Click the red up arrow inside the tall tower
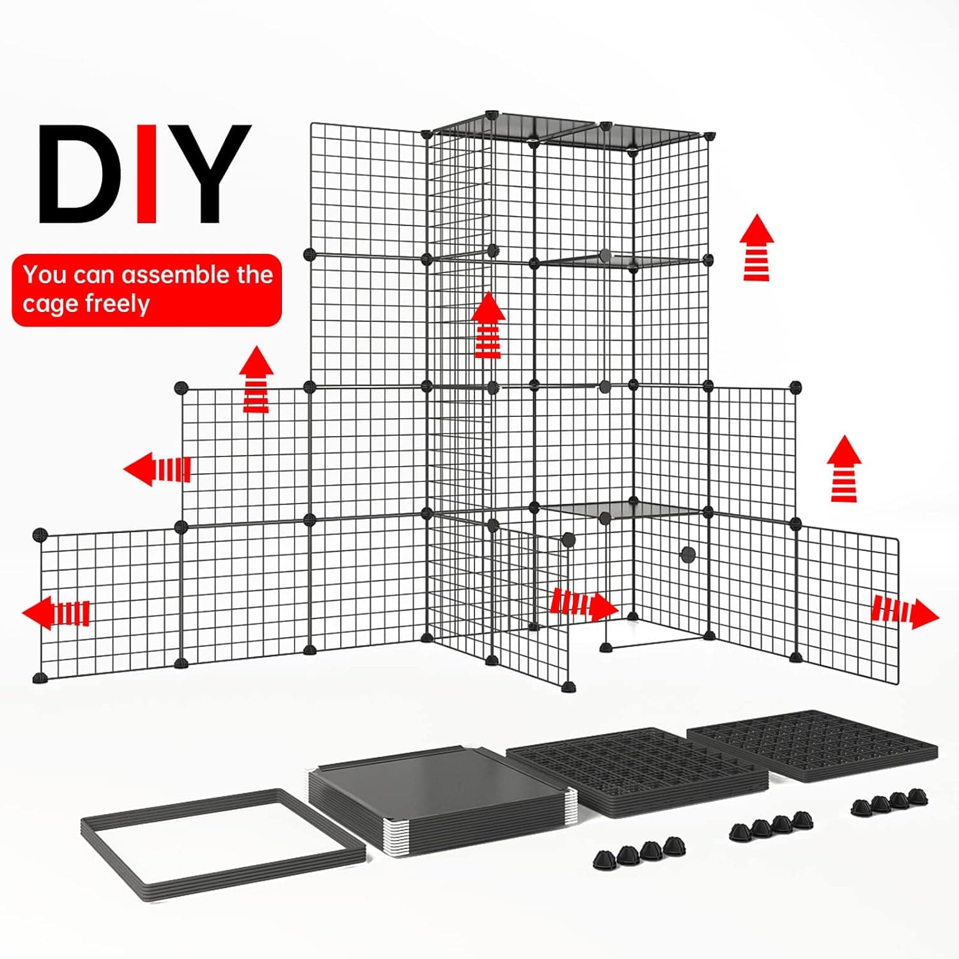click(x=489, y=325)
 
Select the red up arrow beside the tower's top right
click(x=757, y=247)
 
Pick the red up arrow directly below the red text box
click(x=256, y=379)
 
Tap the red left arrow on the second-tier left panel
click(x=157, y=469)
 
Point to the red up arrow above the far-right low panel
click(x=844, y=469)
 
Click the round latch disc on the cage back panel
click(x=688, y=554)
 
